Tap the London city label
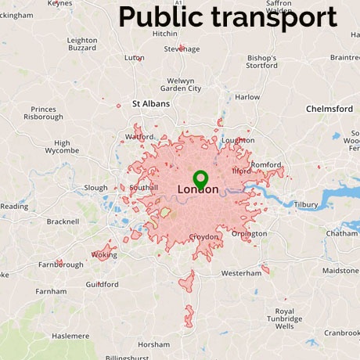pyautogui.click(x=199, y=189)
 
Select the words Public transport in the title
pyautogui.click(x=228, y=16)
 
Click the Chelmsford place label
pyautogui.click(x=329, y=108)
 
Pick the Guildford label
pyautogui.click(x=102, y=284)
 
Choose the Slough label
pyautogui.click(x=95, y=188)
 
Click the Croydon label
pyautogui.click(x=203, y=236)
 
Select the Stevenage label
pyautogui.click(x=182, y=49)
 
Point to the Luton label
pyautogui.click(x=135, y=57)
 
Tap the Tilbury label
pyautogui.click(x=305, y=204)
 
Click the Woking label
pyautogui.click(x=103, y=254)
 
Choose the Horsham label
pyautogui.click(x=153, y=344)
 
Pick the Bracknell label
pyautogui.click(x=63, y=221)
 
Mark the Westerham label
pyautogui.click(x=241, y=273)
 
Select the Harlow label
pyautogui.click(x=247, y=97)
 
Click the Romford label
pyautogui.click(x=265, y=164)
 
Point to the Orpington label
pyautogui.click(x=249, y=233)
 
